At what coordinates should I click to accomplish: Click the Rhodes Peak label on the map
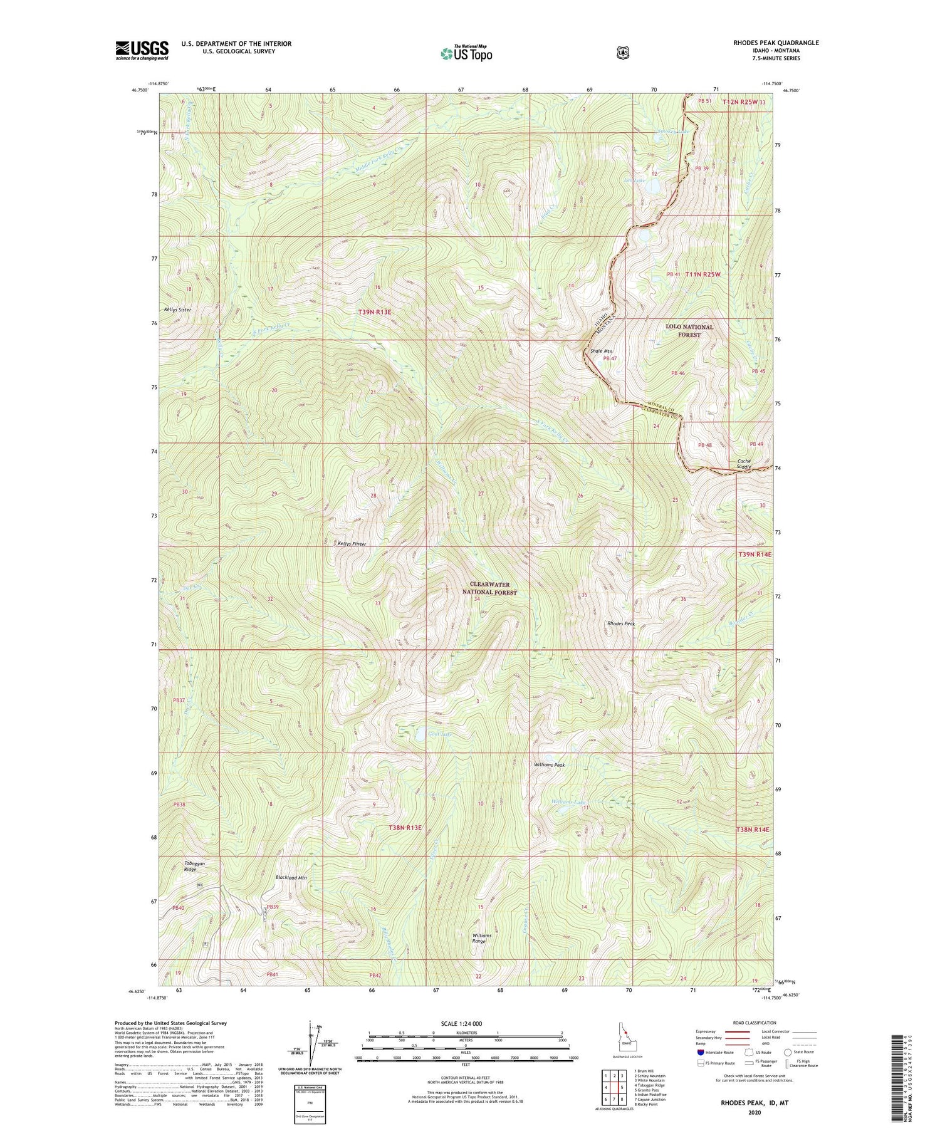(621, 623)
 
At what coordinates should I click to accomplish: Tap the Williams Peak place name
(549, 765)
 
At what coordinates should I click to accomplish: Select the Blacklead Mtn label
(291, 878)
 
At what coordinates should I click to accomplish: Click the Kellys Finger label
(352, 544)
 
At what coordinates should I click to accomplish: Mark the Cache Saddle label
(744, 464)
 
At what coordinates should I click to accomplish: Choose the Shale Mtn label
(602, 351)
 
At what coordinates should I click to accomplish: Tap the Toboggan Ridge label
(194, 867)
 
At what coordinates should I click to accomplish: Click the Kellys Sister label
(177, 310)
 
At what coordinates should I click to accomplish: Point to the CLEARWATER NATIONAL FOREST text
(489, 588)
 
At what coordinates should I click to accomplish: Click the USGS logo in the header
(142, 50)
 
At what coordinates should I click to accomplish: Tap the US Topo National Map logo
(466, 53)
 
